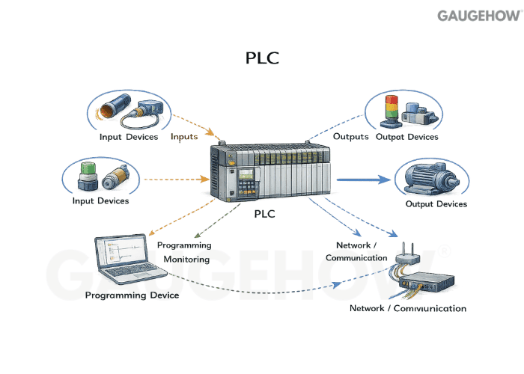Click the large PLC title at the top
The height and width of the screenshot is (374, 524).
(262, 58)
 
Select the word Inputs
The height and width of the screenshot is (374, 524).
(184, 137)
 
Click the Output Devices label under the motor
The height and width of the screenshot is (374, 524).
(436, 204)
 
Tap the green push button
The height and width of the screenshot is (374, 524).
(89, 174)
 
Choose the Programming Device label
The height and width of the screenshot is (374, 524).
(132, 295)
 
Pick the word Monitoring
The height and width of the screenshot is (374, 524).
(184, 260)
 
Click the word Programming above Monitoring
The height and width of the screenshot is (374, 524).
(184, 245)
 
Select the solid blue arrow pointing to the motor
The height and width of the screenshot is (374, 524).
(364, 180)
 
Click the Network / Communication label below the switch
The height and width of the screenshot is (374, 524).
(408, 308)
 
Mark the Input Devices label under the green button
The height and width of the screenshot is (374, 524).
(100, 200)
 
